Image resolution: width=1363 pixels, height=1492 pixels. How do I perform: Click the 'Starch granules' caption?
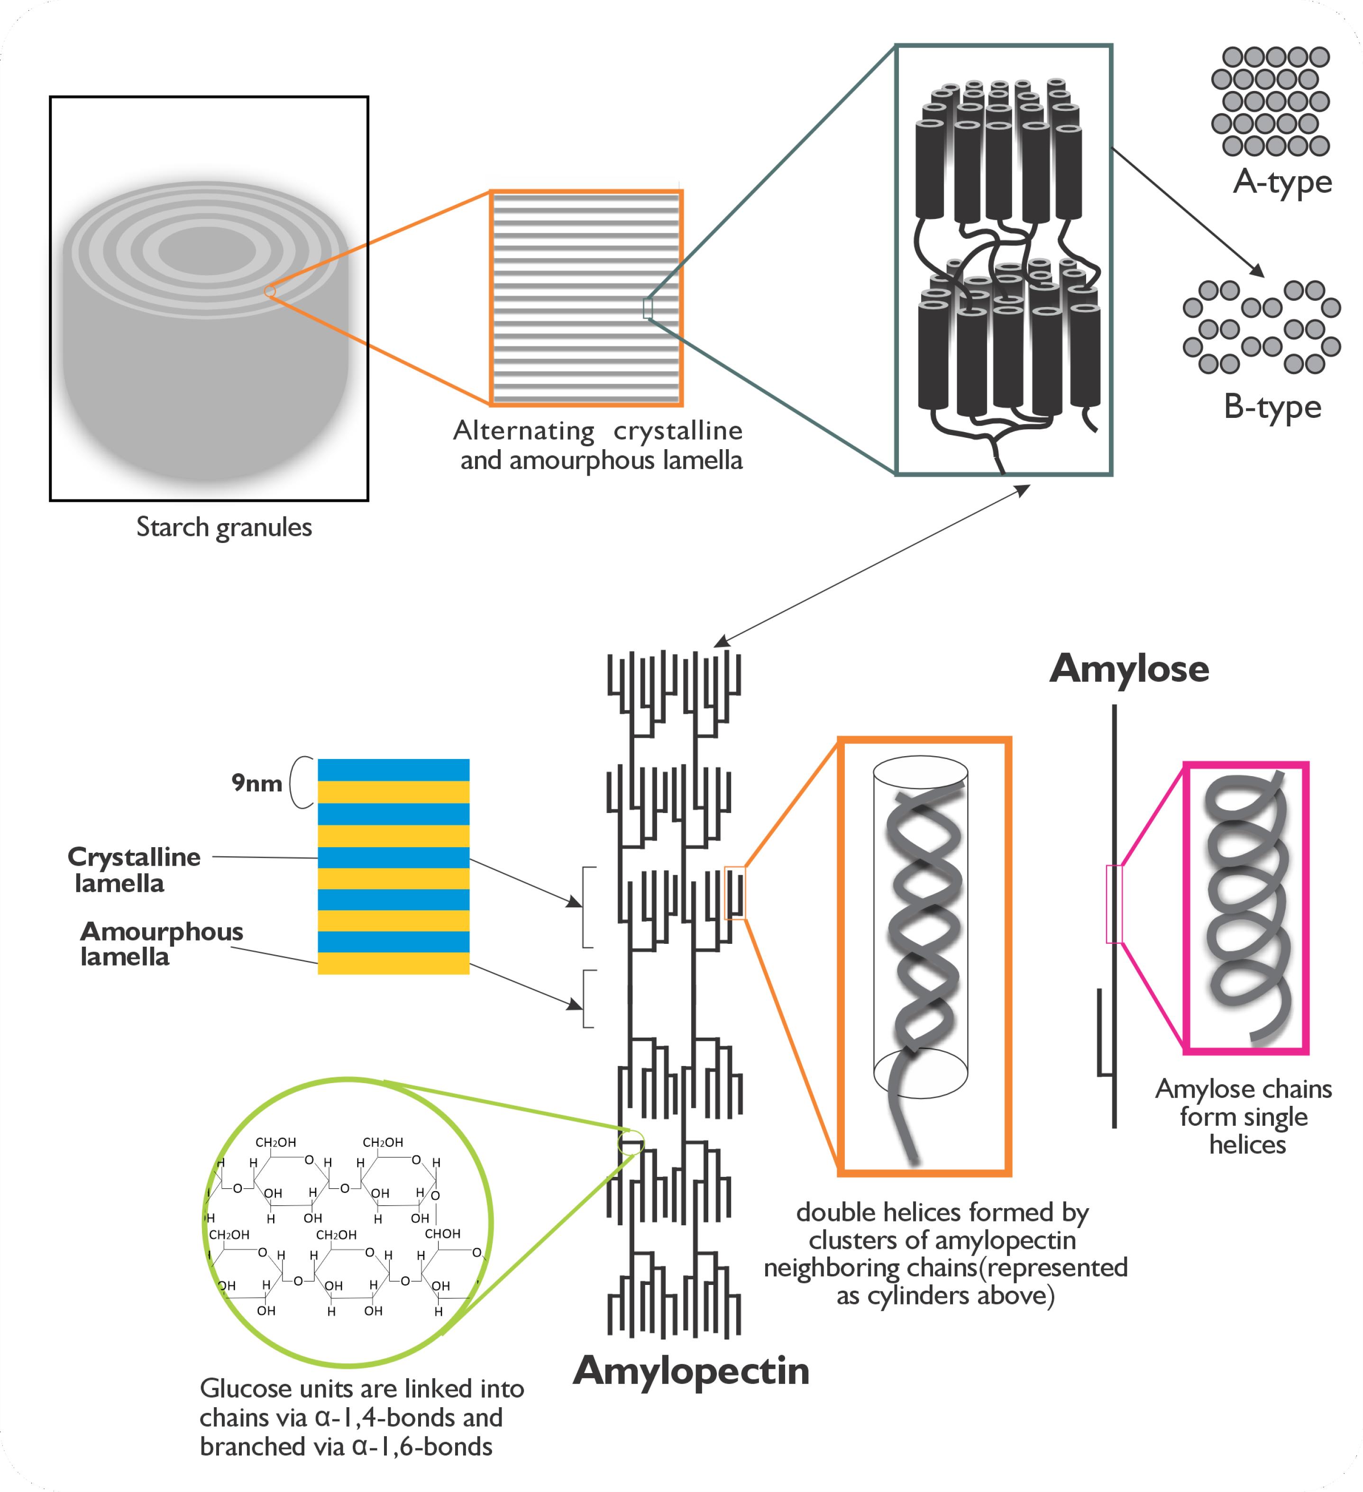[x=224, y=527]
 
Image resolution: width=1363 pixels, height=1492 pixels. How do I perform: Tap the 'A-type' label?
[x=1282, y=182]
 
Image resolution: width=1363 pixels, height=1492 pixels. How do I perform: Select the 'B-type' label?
[x=1272, y=407]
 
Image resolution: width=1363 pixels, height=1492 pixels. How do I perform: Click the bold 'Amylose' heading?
[x=1129, y=668]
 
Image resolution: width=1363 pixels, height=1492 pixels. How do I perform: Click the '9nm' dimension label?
[x=256, y=782]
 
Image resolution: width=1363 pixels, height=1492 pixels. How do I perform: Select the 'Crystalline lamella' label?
[x=133, y=869]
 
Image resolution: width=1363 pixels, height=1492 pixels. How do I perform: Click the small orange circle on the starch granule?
[x=270, y=291]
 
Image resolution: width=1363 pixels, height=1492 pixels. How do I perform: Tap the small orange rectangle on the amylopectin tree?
[x=734, y=893]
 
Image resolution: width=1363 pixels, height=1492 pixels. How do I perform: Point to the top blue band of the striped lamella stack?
[x=393, y=769]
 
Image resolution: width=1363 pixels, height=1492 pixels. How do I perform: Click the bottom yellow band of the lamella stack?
[x=393, y=963]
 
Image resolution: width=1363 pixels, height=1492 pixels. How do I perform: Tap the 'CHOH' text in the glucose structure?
[x=442, y=1234]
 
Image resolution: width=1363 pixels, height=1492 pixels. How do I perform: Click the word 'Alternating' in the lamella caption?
[x=523, y=431]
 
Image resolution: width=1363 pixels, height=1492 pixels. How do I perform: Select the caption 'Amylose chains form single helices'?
[x=1244, y=1116]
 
